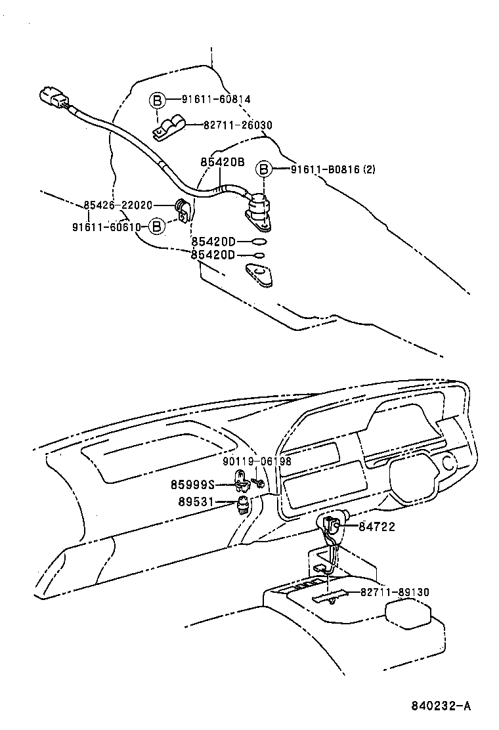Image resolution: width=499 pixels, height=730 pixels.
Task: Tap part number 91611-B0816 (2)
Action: coord(333,169)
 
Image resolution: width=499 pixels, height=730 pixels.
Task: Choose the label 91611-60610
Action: coord(107,226)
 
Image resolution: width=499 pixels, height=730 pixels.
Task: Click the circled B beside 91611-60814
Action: coord(156,100)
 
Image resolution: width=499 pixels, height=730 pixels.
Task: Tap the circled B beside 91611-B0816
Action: coord(263,169)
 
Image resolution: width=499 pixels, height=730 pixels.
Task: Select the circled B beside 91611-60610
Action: coord(156,226)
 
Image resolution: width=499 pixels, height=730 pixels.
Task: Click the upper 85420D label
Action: coord(213,242)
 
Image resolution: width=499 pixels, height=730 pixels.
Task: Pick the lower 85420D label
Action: coord(213,255)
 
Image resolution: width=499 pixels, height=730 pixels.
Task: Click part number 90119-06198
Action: coord(257,462)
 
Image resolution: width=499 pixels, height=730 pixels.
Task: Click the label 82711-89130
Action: coord(394,592)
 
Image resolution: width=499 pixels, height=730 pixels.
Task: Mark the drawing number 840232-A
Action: coord(441,706)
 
